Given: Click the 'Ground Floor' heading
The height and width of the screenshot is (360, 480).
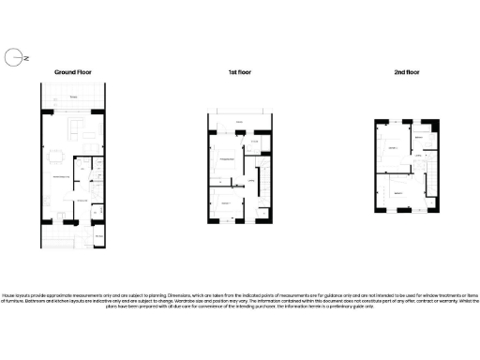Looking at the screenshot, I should (71, 72).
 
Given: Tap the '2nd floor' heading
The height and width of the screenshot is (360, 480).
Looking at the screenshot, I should (406, 72).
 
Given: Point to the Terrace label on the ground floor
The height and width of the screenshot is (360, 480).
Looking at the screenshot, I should (72, 97).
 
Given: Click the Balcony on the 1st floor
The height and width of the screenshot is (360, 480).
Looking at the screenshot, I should (239, 123).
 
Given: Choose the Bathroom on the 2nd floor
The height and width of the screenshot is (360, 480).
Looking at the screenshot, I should (421, 139).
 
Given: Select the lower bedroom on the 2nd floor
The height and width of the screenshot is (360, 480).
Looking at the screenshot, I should (397, 192).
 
